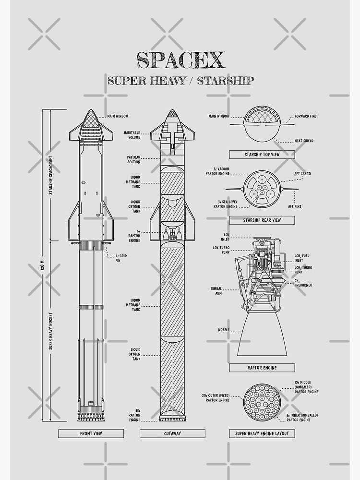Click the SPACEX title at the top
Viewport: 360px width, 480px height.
[x=180, y=60]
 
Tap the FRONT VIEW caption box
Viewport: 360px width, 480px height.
[x=91, y=433]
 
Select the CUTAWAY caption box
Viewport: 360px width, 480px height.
[x=172, y=433]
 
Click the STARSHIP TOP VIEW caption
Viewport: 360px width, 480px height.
[x=262, y=155]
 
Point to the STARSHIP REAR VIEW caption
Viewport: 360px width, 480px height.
[x=262, y=220]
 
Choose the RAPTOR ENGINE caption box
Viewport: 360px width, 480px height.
[x=262, y=368]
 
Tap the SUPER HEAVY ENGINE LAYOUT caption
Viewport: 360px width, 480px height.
[x=262, y=433]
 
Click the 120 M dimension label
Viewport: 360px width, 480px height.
[x=42, y=265]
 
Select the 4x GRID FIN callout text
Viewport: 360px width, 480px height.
[x=118, y=258]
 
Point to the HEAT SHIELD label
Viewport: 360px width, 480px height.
[x=304, y=141]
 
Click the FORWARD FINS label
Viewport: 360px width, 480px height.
[x=306, y=116]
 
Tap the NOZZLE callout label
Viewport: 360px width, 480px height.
[x=224, y=330]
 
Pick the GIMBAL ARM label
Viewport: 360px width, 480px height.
[x=216, y=291]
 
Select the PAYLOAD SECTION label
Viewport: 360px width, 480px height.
[x=133, y=159]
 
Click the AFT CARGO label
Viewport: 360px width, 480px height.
[x=302, y=174]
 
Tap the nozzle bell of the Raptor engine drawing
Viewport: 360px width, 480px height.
[x=262, y=336]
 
